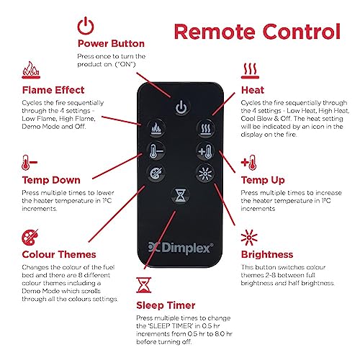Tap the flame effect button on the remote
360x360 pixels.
[156, 128]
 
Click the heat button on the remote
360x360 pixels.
[205, 129]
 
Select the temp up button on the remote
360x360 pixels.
[205, 151]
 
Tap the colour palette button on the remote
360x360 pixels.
[156, 173]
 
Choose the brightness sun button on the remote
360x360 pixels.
[205, 173]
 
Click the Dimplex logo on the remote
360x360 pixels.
[181, 248]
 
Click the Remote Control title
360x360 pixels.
[257, 32]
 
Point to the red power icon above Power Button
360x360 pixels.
[86, 26]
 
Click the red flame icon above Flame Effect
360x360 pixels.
[31, 70]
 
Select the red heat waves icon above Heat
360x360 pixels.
[250, 71]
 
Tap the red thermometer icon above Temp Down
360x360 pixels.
[30, 163]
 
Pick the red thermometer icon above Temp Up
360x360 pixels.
[248, 163]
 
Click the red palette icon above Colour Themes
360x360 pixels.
[30, 238]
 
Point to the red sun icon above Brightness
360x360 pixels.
[249, 238]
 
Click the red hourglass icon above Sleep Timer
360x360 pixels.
[144, 285]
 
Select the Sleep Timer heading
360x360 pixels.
[166, 305]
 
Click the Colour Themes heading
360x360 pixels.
[59, 254]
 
